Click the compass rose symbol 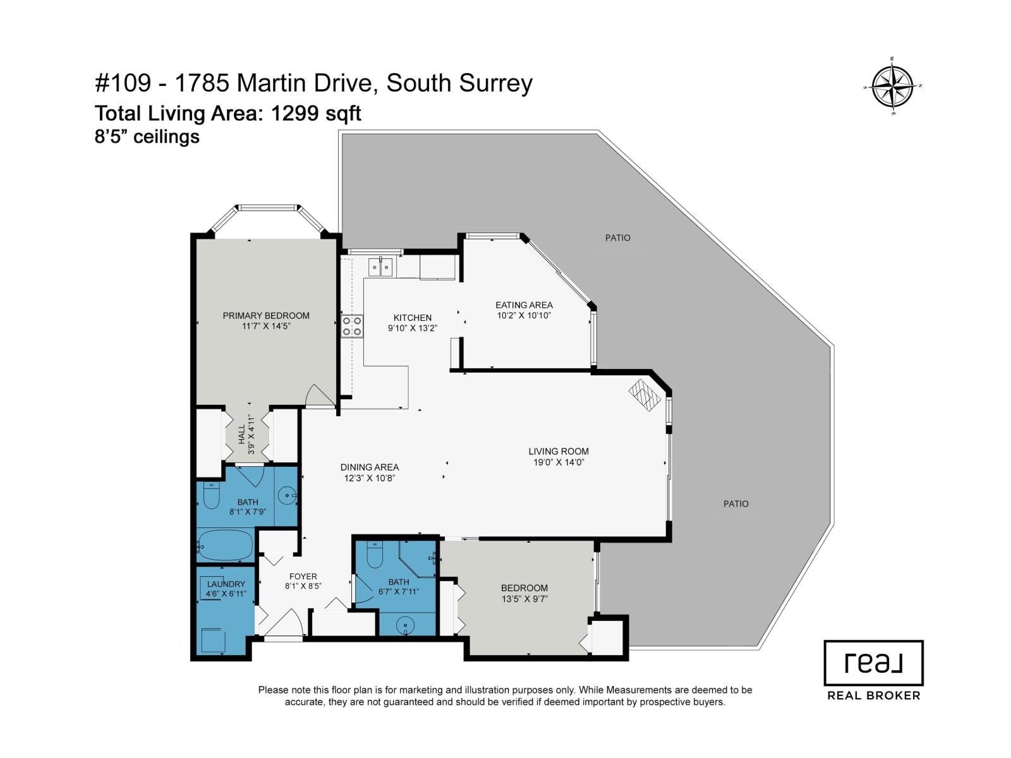point(892,87)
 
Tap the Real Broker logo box point(873,663)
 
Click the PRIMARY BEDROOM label point(266,316)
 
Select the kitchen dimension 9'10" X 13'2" point(413,328)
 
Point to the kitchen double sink point(380,268)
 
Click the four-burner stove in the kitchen point(352,326)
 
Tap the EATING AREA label point(524,305)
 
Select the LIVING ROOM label point(559,452)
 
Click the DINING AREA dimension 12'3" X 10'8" point(370,478)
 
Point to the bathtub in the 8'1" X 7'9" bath point(225,545)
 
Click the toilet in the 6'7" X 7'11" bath point(374,555)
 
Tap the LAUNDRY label point(226,584)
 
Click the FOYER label point(303,577)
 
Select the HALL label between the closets point(241,433)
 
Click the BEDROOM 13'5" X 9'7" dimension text point(524,599)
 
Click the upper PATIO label point(617,238)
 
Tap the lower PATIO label point(736,504)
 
